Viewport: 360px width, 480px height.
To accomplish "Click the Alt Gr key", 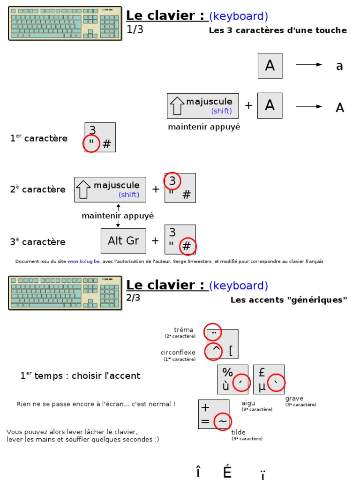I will (x=123, y=240).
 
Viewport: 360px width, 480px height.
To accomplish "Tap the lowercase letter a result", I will (x=339, y=66).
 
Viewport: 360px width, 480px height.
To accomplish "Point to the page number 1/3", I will (x=135, y=29).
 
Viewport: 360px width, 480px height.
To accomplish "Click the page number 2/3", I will (x=134, y=298).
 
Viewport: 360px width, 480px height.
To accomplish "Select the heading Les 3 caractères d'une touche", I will (x=277, y=30).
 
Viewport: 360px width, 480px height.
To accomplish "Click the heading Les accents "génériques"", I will (x=289, y=300).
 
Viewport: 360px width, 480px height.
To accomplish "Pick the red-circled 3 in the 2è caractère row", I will (x=172, y=181).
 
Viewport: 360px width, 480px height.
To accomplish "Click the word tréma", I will (x=183, y=330).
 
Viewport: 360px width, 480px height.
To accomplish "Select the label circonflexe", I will (x=178, y=352).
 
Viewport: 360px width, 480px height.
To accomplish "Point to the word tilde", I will (x=238, y=432).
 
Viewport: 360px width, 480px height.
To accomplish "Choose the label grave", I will (x=294, y=398).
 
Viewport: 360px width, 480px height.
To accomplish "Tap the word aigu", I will (x=248, y=403).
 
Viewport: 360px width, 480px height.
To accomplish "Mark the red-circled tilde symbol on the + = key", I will (x=223, y=421).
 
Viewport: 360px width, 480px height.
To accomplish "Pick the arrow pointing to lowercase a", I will (x=309, y=65).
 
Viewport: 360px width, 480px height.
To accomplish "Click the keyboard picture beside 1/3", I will (x=65, y=23).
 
